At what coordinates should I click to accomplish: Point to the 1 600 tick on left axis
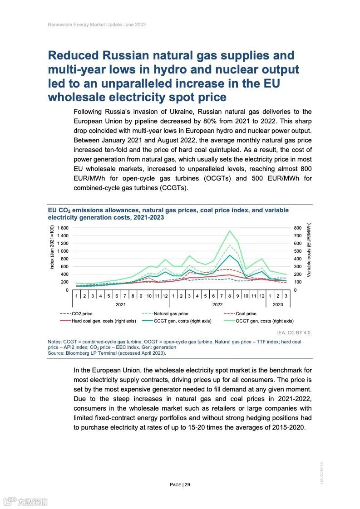tap(62, 228)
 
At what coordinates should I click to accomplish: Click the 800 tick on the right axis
tap(298, 228)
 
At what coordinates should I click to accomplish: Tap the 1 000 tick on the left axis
tap(62, 251)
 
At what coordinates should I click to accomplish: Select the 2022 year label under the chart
tap(217, 304)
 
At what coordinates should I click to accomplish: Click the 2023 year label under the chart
tap(278, 304)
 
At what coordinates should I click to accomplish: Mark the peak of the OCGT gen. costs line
tap(230, 230)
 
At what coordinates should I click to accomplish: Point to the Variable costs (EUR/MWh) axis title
tap(309, 250)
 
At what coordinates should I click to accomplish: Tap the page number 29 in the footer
tap(187, 485)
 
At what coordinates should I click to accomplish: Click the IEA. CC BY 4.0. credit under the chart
tap(295, 333)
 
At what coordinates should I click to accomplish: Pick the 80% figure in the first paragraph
tap(229, 121)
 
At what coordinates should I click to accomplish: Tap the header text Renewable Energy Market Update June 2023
tap(97, 24)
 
